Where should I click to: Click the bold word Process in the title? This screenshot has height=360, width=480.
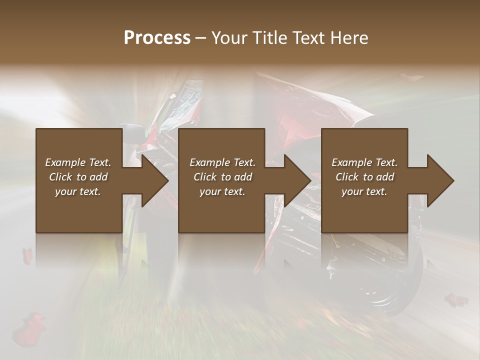point(157,38)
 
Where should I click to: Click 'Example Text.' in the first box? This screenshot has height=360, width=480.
point(78,162)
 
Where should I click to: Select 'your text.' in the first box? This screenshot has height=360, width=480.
point(78,191)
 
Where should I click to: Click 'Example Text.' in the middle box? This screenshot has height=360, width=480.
point(222,162)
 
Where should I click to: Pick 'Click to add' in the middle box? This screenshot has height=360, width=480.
point(222,177)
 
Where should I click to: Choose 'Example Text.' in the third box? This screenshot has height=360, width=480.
point(364,162)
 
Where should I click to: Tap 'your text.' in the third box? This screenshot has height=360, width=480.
point(364,191)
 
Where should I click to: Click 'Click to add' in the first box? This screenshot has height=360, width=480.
point(78,177)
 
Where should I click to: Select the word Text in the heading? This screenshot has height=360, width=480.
point(305,38)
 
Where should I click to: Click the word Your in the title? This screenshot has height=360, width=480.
point(228,38)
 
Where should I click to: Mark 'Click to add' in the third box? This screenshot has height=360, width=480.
point(364,177)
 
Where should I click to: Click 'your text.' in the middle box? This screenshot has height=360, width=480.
point(222,191)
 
